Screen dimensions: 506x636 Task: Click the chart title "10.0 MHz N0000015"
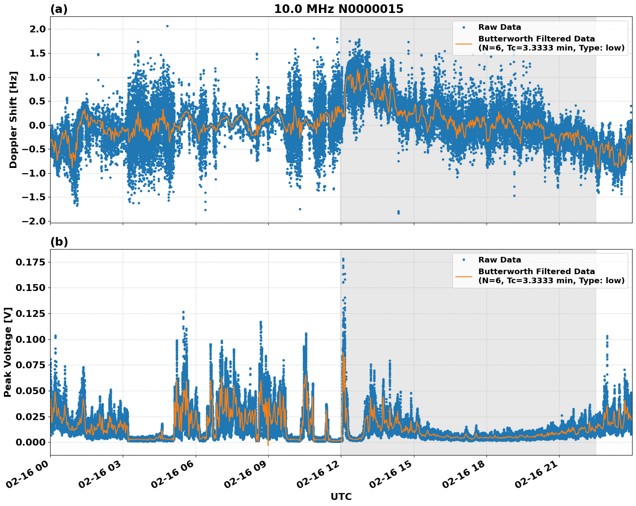[x=338, y=9]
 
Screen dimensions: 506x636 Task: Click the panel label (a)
[x=59, y=9]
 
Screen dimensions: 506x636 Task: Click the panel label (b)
[x=59, y=242]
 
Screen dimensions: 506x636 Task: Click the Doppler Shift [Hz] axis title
[x=13, y=120]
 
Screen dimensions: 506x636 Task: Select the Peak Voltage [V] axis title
[x=7, y=352]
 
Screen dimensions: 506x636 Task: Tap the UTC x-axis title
[x=341, y=497]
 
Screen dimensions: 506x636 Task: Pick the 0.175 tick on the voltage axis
[x=31, y=262]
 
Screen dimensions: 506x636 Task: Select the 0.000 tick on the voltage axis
[x=31, y=442]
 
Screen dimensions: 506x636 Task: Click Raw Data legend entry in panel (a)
[x=499, y=27]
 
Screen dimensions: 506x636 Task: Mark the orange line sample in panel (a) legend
[x=464, y=43]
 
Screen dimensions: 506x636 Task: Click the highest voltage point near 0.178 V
[x=343, y=259]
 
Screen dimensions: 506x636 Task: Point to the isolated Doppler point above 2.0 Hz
[x=167, y=26]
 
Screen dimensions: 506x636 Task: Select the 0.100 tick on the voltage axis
[x=31, y=339]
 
